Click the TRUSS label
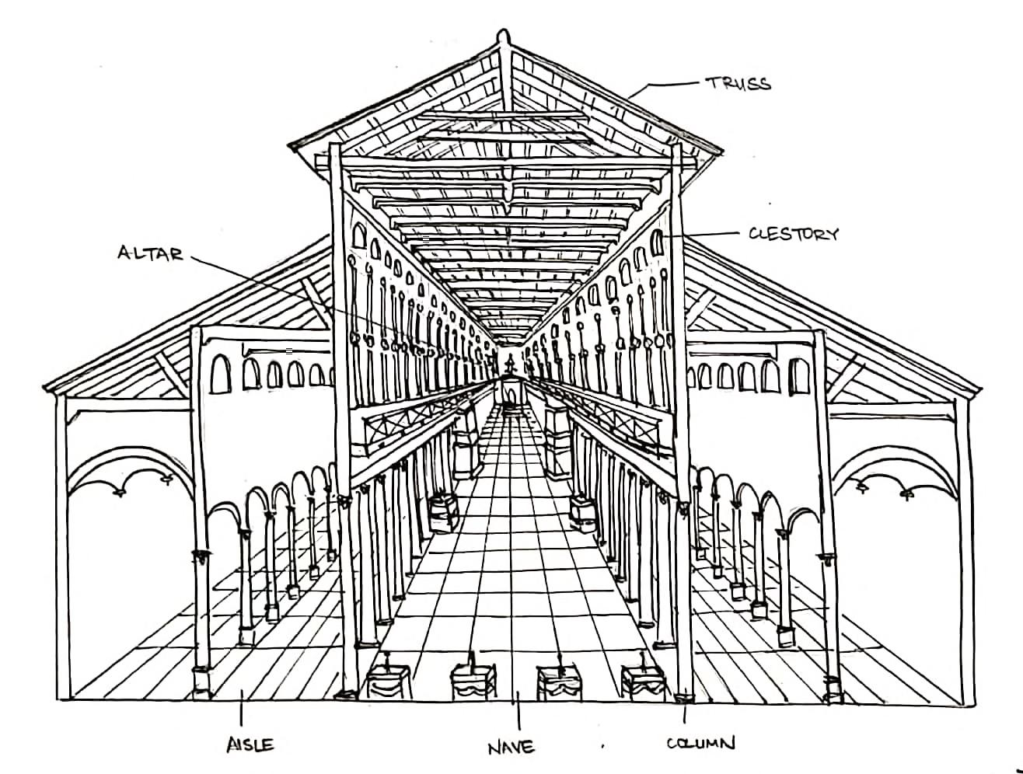coord(738,83)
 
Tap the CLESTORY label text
coord(793,234)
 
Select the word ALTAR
coord(150,253)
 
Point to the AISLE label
coord(250,744)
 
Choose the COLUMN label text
coord(700,744)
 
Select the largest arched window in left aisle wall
coord(222,373)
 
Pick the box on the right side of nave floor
coord(581,511)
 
